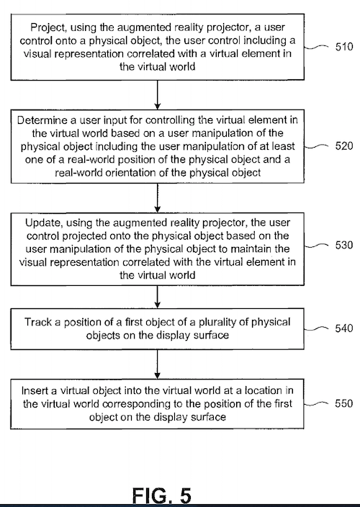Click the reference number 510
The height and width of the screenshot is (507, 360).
click(344, 47)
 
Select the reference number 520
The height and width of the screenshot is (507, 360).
click(344, 145)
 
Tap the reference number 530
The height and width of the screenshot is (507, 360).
click(344, 245)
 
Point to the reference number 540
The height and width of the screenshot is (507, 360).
click(344, 328)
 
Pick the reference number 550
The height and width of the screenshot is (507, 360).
click(344, 403)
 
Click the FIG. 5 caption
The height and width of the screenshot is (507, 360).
click(162, 495)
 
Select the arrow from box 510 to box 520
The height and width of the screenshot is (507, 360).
click(158, 95)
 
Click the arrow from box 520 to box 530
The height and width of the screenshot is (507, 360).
click(158, 198)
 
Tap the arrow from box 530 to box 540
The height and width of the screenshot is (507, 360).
click(158, 297)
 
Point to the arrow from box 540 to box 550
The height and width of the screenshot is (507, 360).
click(158, 364)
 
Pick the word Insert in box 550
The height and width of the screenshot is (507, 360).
click(35, 390)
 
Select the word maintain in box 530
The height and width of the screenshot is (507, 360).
click(245, 249)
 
